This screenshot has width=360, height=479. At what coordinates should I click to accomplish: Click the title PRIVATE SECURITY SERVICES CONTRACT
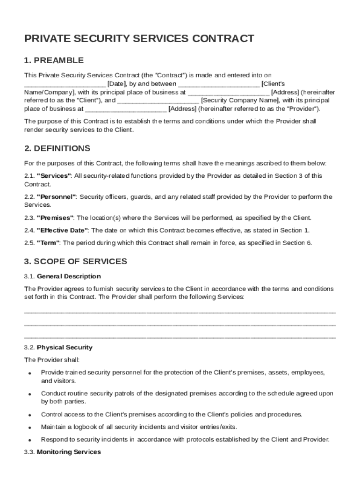139,39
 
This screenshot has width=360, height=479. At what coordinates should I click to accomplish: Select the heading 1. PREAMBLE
54,60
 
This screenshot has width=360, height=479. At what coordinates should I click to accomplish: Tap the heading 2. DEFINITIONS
57,149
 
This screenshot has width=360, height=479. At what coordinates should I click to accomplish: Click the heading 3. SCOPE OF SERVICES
75,261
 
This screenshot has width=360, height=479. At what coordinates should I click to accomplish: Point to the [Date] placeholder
115,84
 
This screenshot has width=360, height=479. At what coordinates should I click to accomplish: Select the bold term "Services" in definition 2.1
54,176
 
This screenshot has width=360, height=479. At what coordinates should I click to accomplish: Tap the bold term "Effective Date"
63,230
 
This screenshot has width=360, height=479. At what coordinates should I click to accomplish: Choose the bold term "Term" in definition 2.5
48,243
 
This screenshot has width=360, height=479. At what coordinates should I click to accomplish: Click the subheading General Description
69,276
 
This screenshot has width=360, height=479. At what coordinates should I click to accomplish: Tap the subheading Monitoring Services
69,452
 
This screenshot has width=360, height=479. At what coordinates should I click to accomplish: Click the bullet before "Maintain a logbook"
29,428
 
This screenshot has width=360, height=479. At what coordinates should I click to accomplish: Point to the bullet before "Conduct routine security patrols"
29,394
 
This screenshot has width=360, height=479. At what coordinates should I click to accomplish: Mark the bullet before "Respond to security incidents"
29,440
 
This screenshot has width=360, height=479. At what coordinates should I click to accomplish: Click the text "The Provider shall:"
52,360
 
